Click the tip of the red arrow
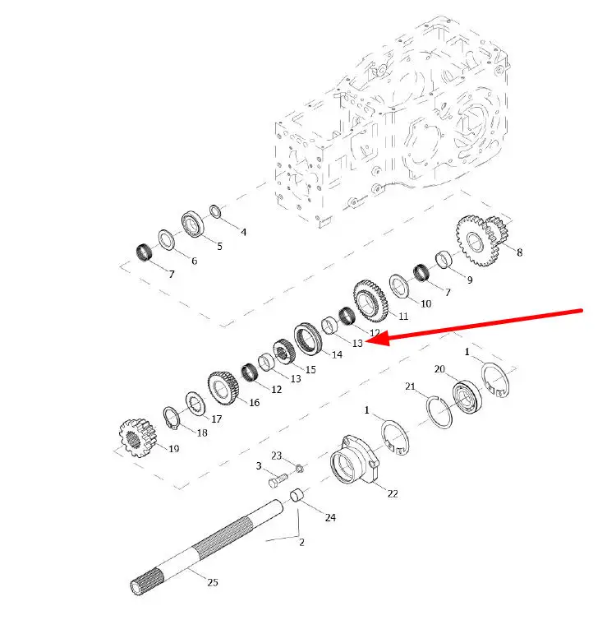[x=365, y=341]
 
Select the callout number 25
[x=213, y=582]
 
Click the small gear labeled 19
[x=138, y=437]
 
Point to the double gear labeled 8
[x=482, y=240]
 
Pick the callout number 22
[x=393, y=493]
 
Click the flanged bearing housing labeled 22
[x=355, y=460]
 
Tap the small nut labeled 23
[x=299, y=468]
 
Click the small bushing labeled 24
[x=297, y=495]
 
